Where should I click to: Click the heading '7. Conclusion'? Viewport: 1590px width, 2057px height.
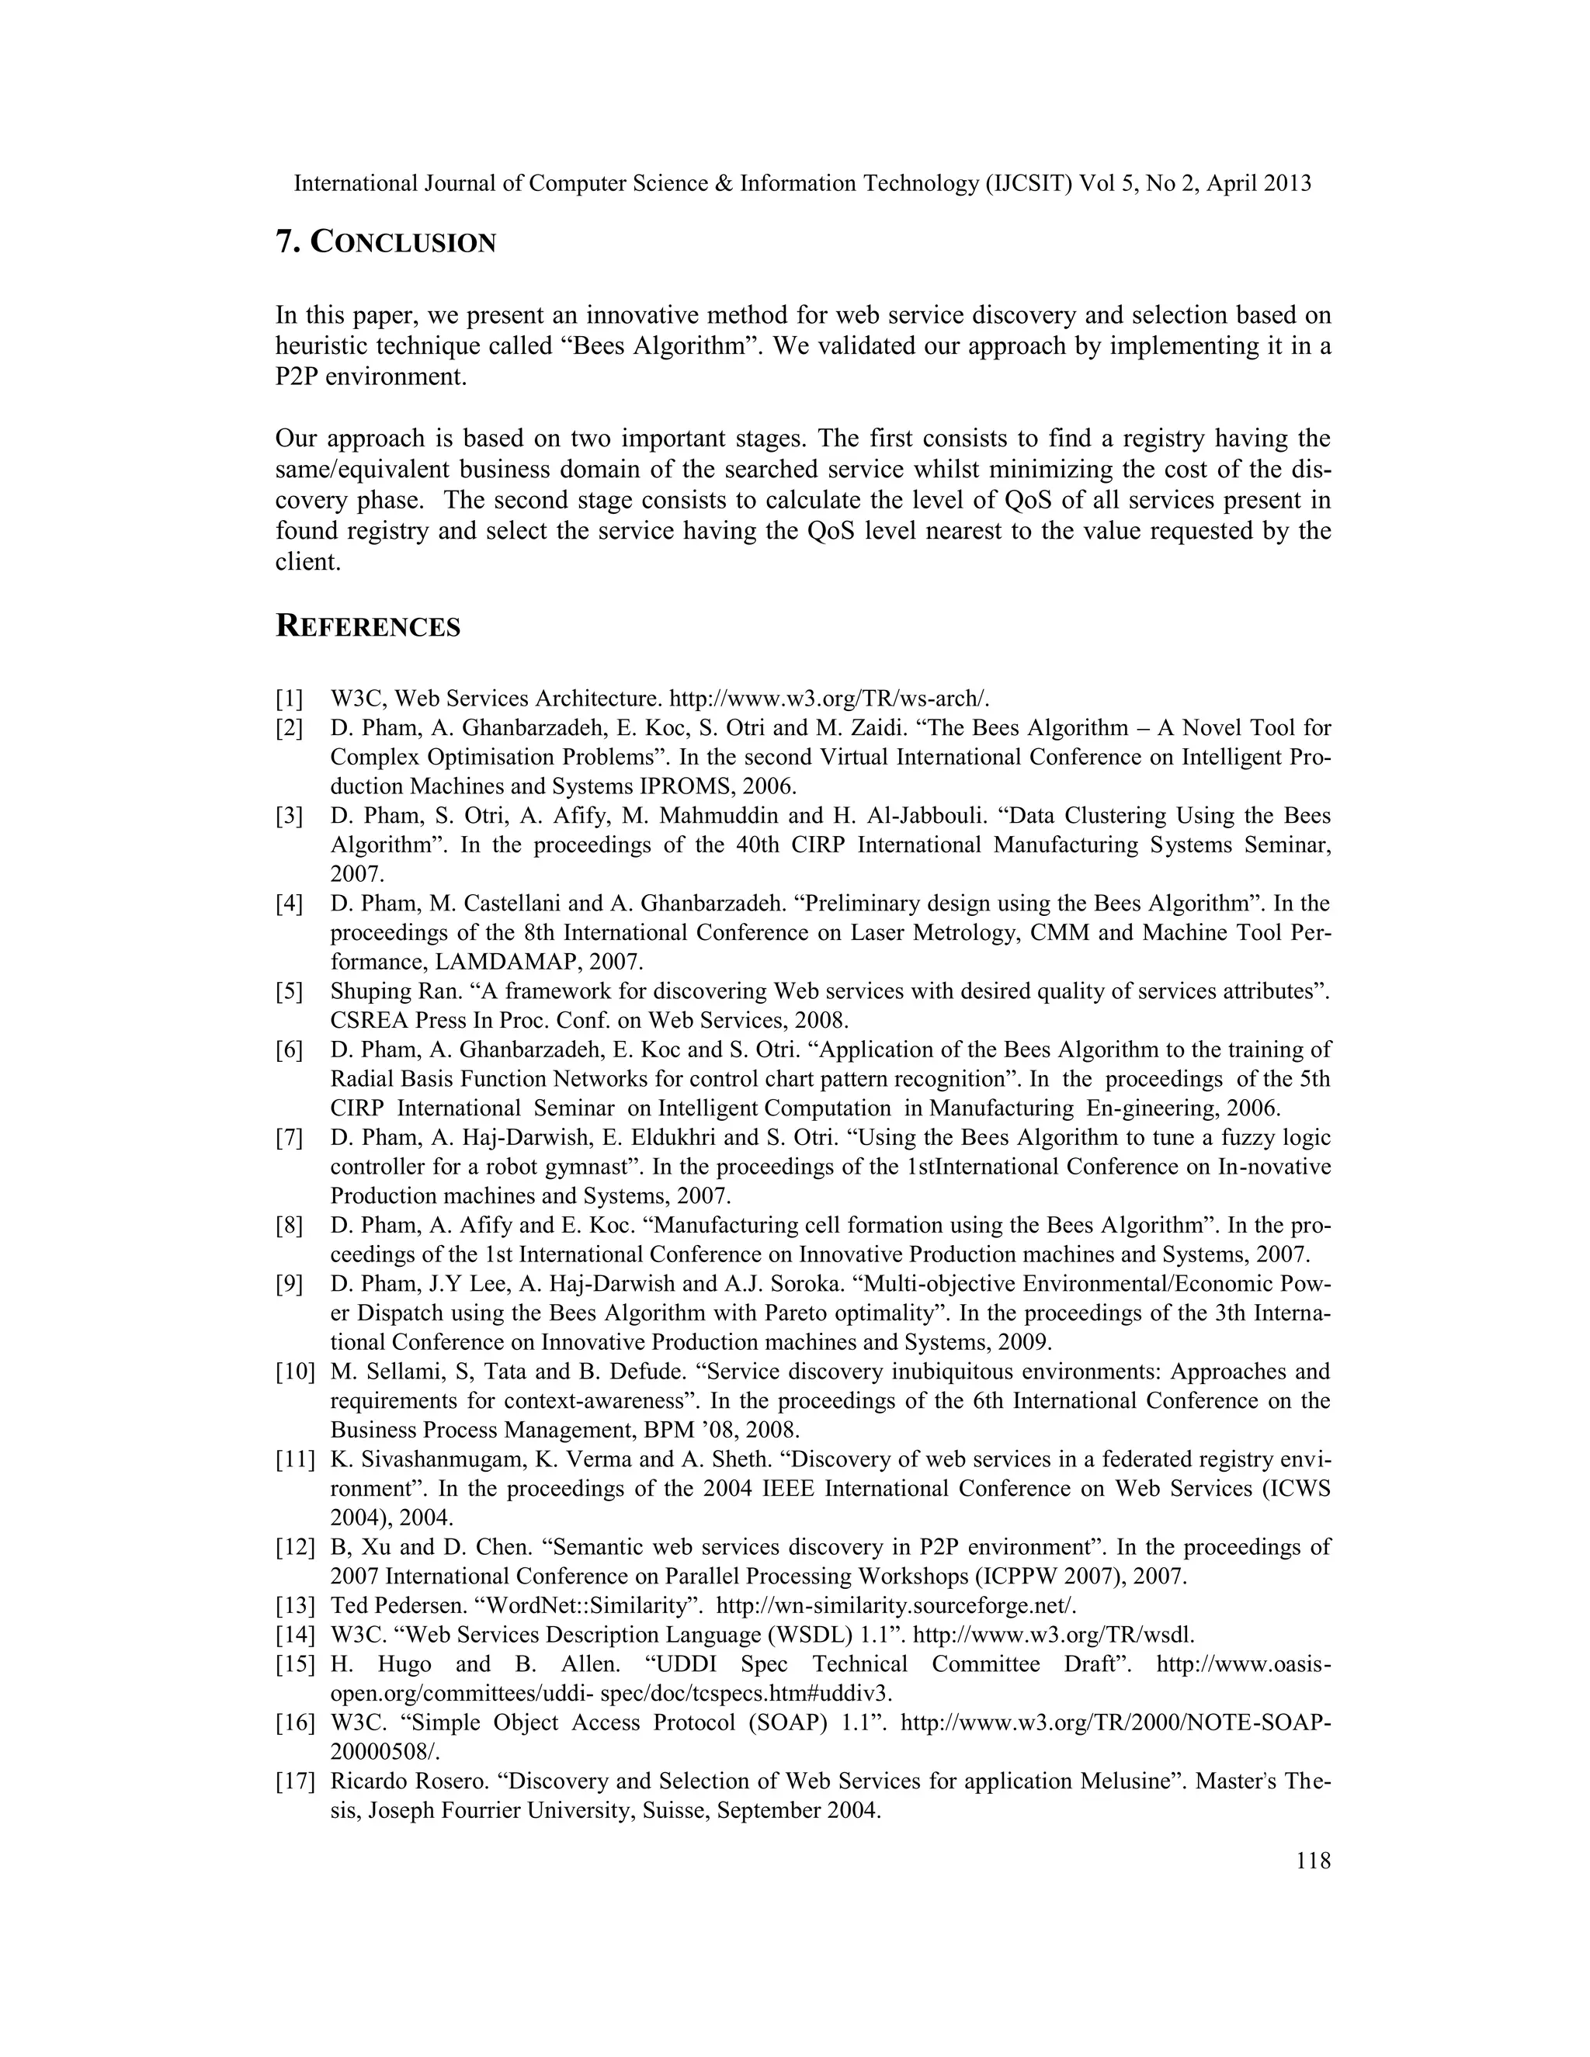[x=385, y=243]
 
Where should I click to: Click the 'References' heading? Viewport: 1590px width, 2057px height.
[x=367, y=626]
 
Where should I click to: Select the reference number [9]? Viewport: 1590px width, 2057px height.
[x=289, y=1284]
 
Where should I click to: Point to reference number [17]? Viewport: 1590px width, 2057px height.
[x=295, y=1781]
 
